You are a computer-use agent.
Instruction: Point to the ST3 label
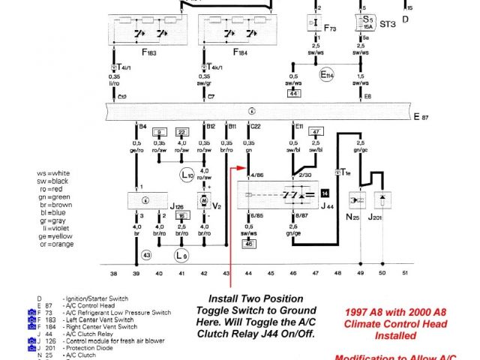[x=387, y=23]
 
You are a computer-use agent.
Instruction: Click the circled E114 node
[x=325, y=76]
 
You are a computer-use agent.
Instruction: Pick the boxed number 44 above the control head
[x=294, y=93]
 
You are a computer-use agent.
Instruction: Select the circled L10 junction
[x=187, y=176]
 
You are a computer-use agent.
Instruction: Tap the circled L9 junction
[x=181, y=255]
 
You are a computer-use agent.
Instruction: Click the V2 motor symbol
[x=203, y=201]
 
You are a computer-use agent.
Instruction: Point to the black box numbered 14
[x=324, y=193]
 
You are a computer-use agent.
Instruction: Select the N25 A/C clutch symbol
[x=358, y=202]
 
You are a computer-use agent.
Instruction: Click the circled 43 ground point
[x=146, y=255]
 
